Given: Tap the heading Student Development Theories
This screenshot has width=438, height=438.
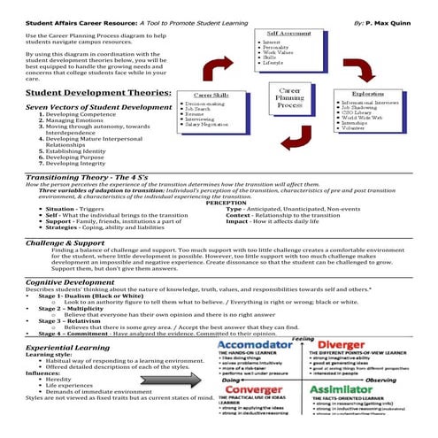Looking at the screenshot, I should tap(86, 91).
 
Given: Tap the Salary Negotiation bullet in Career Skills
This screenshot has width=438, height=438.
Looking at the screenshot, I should tap(211, 125).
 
